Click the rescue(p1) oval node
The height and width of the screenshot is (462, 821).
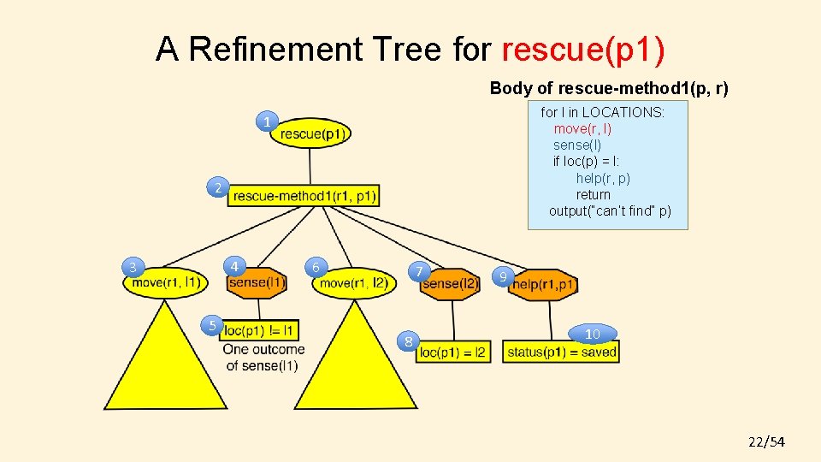[311, 133]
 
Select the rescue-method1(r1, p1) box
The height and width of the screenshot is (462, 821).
[304, 196]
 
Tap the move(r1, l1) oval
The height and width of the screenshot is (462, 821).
[167, 282]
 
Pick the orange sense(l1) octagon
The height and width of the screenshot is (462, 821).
[257, 282]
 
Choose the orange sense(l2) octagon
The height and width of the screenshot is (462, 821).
[451, 283]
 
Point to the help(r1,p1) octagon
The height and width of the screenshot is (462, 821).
[544, 284]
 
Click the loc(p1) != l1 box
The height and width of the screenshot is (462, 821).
[260, 330]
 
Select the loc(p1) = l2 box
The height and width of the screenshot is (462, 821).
[453, 351]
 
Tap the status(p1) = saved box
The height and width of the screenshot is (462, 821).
[562, 351]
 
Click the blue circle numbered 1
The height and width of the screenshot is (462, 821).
[268, 122]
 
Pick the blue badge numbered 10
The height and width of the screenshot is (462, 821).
[593, 334]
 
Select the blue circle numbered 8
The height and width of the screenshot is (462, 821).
[410, 342]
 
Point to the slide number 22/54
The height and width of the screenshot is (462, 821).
[766, 441]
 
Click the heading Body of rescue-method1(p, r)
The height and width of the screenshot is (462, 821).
[609, 88]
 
